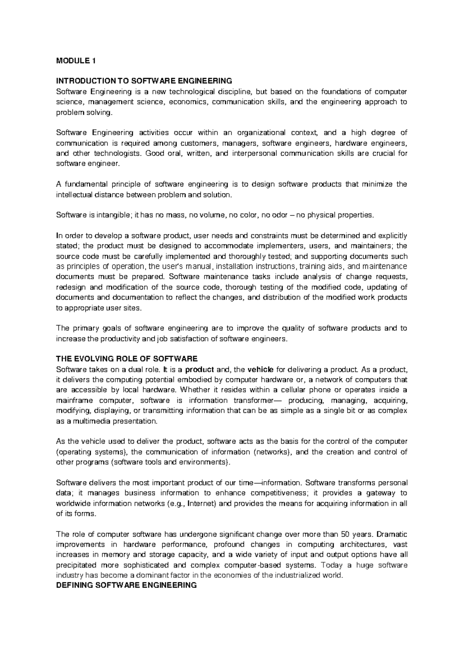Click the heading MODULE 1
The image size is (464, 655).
(75, 61)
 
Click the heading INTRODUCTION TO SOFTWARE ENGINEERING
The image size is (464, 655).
(144, 81)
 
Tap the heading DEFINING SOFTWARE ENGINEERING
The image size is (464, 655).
(126, 585)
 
